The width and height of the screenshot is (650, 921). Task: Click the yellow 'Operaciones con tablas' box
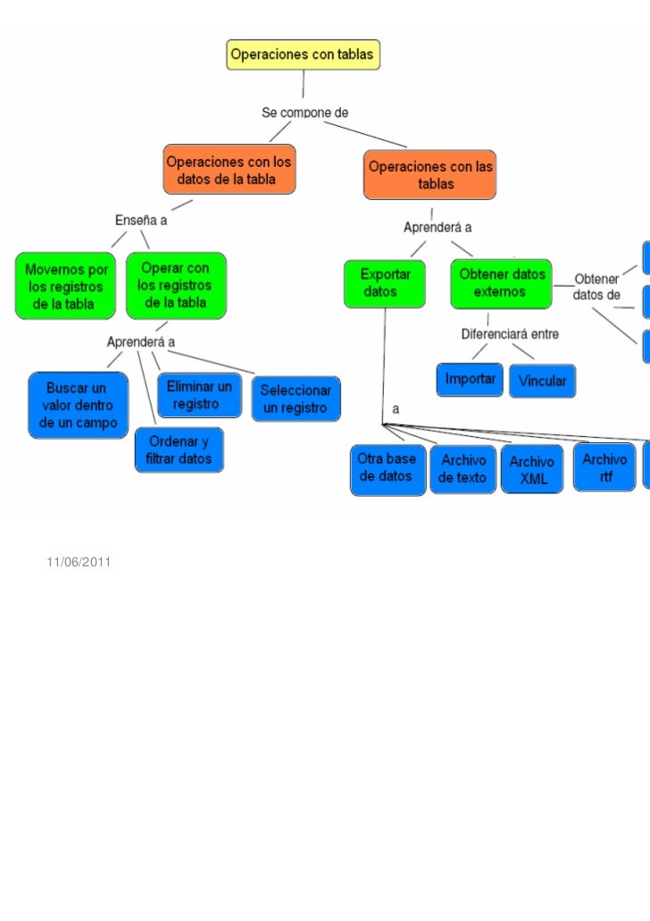pyautogui.click(x=304, y=54)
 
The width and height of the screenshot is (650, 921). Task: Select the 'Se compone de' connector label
pyautogui.click(x=304, y=113)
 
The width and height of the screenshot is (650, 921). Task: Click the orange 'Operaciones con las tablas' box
pyautogui.click(x=429, y=175)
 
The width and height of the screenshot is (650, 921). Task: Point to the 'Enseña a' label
pyautogui.click(x=141, y=220)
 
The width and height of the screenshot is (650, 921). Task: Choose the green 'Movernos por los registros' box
pyautogui.click(x=66, y=286)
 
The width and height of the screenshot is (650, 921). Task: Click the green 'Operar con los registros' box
pyautogui.click(x=176, y=285)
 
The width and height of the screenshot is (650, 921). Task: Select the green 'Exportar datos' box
pyautogui.click(x=385, y=283)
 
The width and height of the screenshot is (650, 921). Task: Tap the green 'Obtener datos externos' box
pyautogui.click(x=500, y=283)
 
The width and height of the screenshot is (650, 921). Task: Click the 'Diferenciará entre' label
pyautogui.click(x=509, y=335)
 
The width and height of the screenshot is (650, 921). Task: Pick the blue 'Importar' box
pyautogui.click(x=471, y=380)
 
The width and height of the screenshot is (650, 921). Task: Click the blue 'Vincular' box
pyautogui.click(x=542, y=381)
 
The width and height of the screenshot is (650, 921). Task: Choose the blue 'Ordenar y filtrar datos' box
pyautogui.click(x=179, y=450)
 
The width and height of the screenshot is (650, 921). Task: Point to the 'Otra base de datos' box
pyautogui.click(x=387, y=468)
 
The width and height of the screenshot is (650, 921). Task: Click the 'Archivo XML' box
pyautogui.click(x=533, y=470)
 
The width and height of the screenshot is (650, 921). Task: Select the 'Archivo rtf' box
pyautogui.click(x=605, y=467)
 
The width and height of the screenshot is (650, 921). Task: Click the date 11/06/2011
pyautogui.click(x=78, y=563)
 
